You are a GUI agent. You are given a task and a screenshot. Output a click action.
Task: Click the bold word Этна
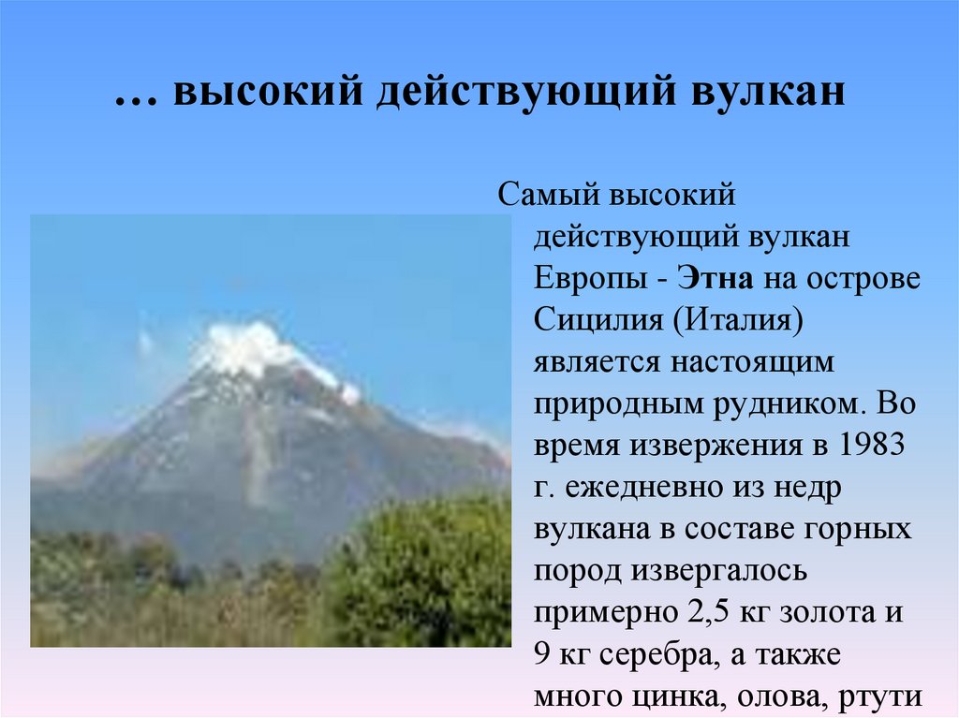(x=716, y=278)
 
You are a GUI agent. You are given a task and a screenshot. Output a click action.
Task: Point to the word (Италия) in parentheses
(x=738, y=320)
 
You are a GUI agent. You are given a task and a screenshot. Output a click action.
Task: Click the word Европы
(x=590, y=279)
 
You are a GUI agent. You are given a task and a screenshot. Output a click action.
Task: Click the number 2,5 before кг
(x=709, y=612)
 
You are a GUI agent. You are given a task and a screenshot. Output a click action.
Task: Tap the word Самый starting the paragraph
(x=551, y=195)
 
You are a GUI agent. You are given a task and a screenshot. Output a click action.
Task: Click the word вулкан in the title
(x=769, y=92)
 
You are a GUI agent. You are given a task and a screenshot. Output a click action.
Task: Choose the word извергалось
(x=719, y=571)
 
